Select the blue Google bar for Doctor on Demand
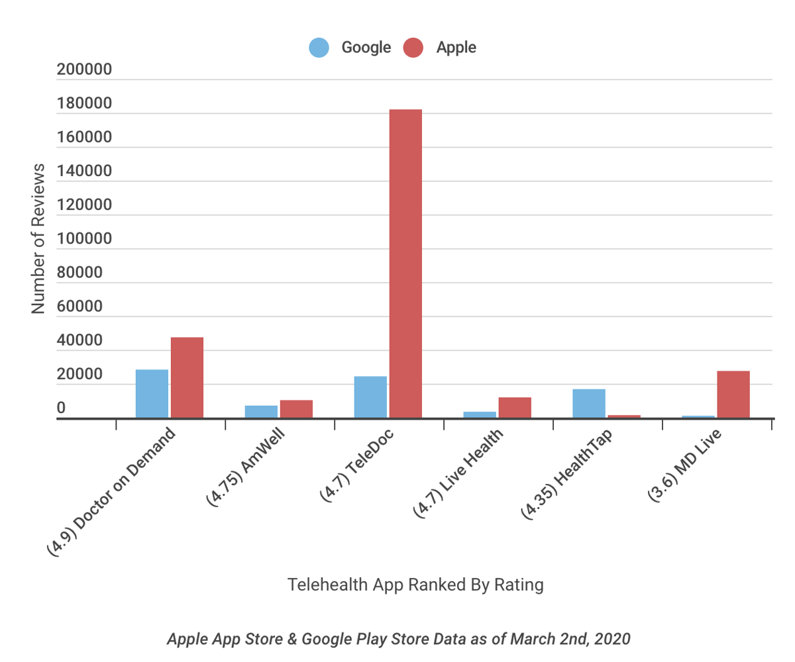pos(152,394)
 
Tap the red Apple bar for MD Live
pos(733,395)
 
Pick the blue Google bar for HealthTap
pos(589,404)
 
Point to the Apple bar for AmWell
pos(296,409)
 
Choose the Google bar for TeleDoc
pos(370,397)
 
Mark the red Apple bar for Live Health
pos(515,408)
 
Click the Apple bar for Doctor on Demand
pos(187,377)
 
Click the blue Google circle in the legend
pos(319,48)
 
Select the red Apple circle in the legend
pos(413,48)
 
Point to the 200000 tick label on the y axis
pos(84,70)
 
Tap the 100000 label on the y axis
pos(84,240)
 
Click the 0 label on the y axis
pos(61,408)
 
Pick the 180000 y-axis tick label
pos(84,104)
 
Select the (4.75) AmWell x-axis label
pos(246,475)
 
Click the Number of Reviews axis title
pos(38,238)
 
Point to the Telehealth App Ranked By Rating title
pos(415,585)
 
